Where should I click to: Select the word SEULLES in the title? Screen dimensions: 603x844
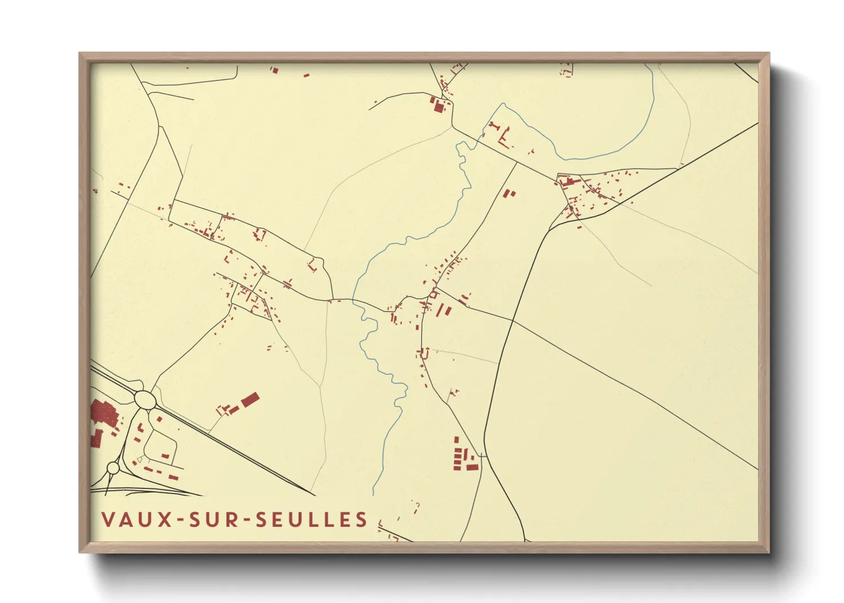311,520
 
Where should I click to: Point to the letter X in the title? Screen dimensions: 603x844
165,520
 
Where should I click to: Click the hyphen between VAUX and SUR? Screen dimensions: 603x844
180,520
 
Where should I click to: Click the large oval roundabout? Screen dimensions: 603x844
145,400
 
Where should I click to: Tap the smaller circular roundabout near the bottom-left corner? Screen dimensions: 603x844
113,468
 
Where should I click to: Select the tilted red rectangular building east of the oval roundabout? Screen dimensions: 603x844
250,400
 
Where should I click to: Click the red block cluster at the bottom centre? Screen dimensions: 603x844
464,459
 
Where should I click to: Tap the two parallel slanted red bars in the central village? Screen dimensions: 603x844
444,311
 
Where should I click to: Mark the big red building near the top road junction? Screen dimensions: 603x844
439,105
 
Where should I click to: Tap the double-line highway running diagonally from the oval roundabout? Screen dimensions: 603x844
240,450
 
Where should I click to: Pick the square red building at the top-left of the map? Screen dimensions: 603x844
274,71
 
